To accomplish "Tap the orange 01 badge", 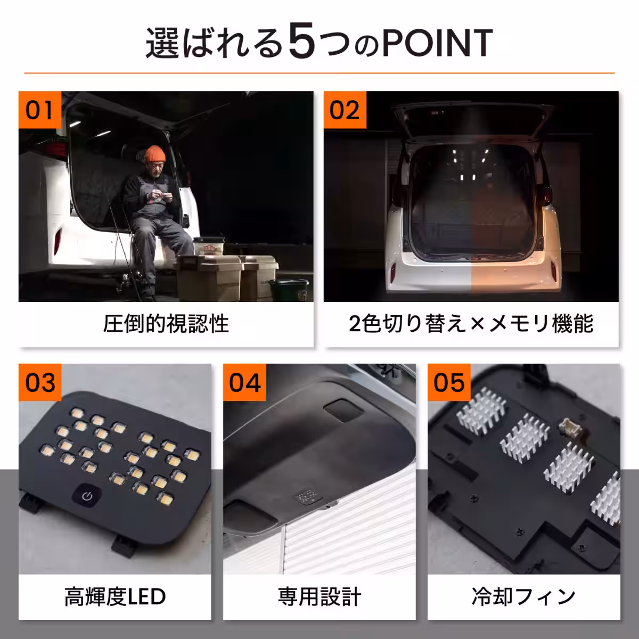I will click(x=40, y=111).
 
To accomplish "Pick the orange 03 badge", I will click(x=40, y=383).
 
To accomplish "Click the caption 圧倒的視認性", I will click(x=166, y=323).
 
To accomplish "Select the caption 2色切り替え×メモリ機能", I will click(x=471, y=323).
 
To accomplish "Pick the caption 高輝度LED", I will click(x=115, y=597).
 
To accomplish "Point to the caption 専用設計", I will click(x=319, y=597).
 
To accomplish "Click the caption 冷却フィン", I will click(x=523, y=597).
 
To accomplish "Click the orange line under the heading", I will click(x=319, y=72).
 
